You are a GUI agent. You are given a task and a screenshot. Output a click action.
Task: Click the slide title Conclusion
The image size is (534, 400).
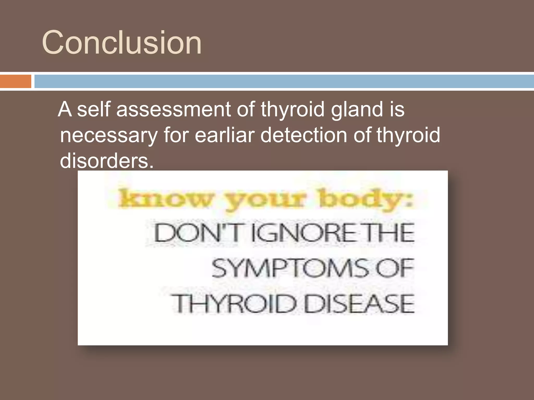122,42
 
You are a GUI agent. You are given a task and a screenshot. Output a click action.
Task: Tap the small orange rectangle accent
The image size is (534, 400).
16,81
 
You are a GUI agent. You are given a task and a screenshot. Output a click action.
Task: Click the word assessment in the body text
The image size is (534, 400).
174,109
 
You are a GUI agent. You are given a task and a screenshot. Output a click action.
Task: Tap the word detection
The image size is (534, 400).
304,135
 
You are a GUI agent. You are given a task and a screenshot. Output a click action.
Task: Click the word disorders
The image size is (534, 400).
106,161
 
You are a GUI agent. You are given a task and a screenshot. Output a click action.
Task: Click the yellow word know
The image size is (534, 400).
166,199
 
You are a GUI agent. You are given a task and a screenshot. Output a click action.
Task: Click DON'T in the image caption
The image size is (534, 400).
196,233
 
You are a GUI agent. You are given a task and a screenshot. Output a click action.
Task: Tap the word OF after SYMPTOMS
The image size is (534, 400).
395,268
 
